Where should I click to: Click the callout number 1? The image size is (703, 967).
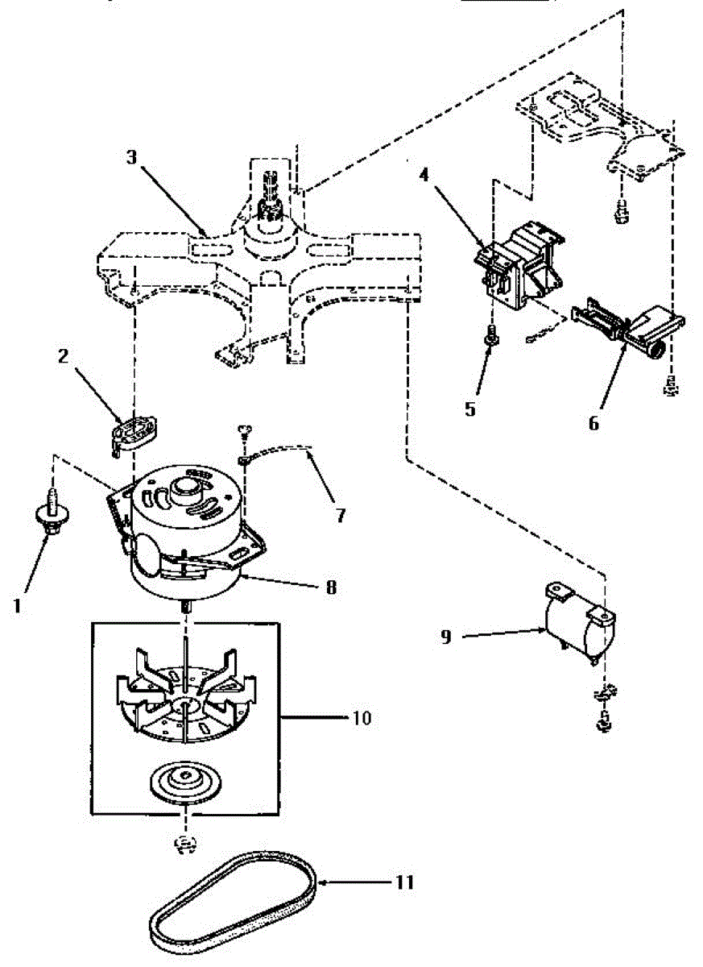coord(18,604)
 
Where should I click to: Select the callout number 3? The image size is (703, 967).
coord(131,157)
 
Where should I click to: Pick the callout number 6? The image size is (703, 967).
coord(593,422)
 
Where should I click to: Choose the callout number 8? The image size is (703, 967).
coord(330,587)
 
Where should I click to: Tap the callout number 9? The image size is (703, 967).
coord(445,636)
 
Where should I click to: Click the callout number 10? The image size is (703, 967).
coord(362,717)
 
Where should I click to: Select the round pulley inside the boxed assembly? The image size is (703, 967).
coord(187,782)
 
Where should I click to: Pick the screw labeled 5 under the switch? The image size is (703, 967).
coord(489,335)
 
